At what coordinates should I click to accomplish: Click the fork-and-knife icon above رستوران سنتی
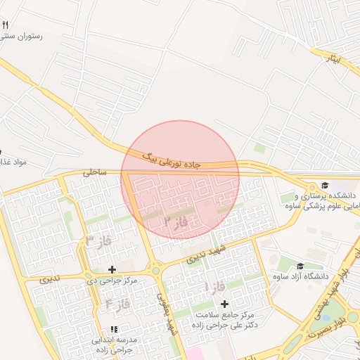pos(6,25)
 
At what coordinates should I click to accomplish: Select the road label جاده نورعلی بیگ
pos(171,159)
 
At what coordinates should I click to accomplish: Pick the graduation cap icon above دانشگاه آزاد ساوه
pos(300,266)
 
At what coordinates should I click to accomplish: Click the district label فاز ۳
pos(99,241)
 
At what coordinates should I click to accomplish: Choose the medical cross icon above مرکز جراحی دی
pos(111,269)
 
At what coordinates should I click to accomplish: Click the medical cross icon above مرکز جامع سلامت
pos(224,304)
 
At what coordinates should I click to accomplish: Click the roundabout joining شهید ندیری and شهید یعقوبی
pos(155,270)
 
